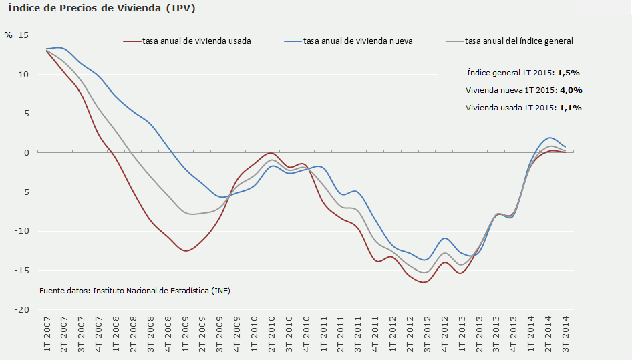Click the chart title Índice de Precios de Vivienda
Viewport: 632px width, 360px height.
(102, 9)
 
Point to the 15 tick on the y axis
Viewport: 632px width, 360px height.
(24, 35)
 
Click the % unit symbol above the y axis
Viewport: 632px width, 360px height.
(8, 35)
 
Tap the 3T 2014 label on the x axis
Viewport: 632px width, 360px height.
(565, 333)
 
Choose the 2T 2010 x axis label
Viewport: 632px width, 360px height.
(272, 333)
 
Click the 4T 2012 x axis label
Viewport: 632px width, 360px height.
(444, 333)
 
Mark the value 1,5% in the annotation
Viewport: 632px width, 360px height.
(568, 73)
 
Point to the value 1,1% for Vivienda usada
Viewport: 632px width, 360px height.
(570, 108)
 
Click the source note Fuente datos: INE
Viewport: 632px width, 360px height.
(134, 291)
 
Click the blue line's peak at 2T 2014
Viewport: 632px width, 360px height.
(549, 138)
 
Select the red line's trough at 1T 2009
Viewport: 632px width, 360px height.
(186, 251)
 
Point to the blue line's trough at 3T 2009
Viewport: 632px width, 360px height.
(222, 197)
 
